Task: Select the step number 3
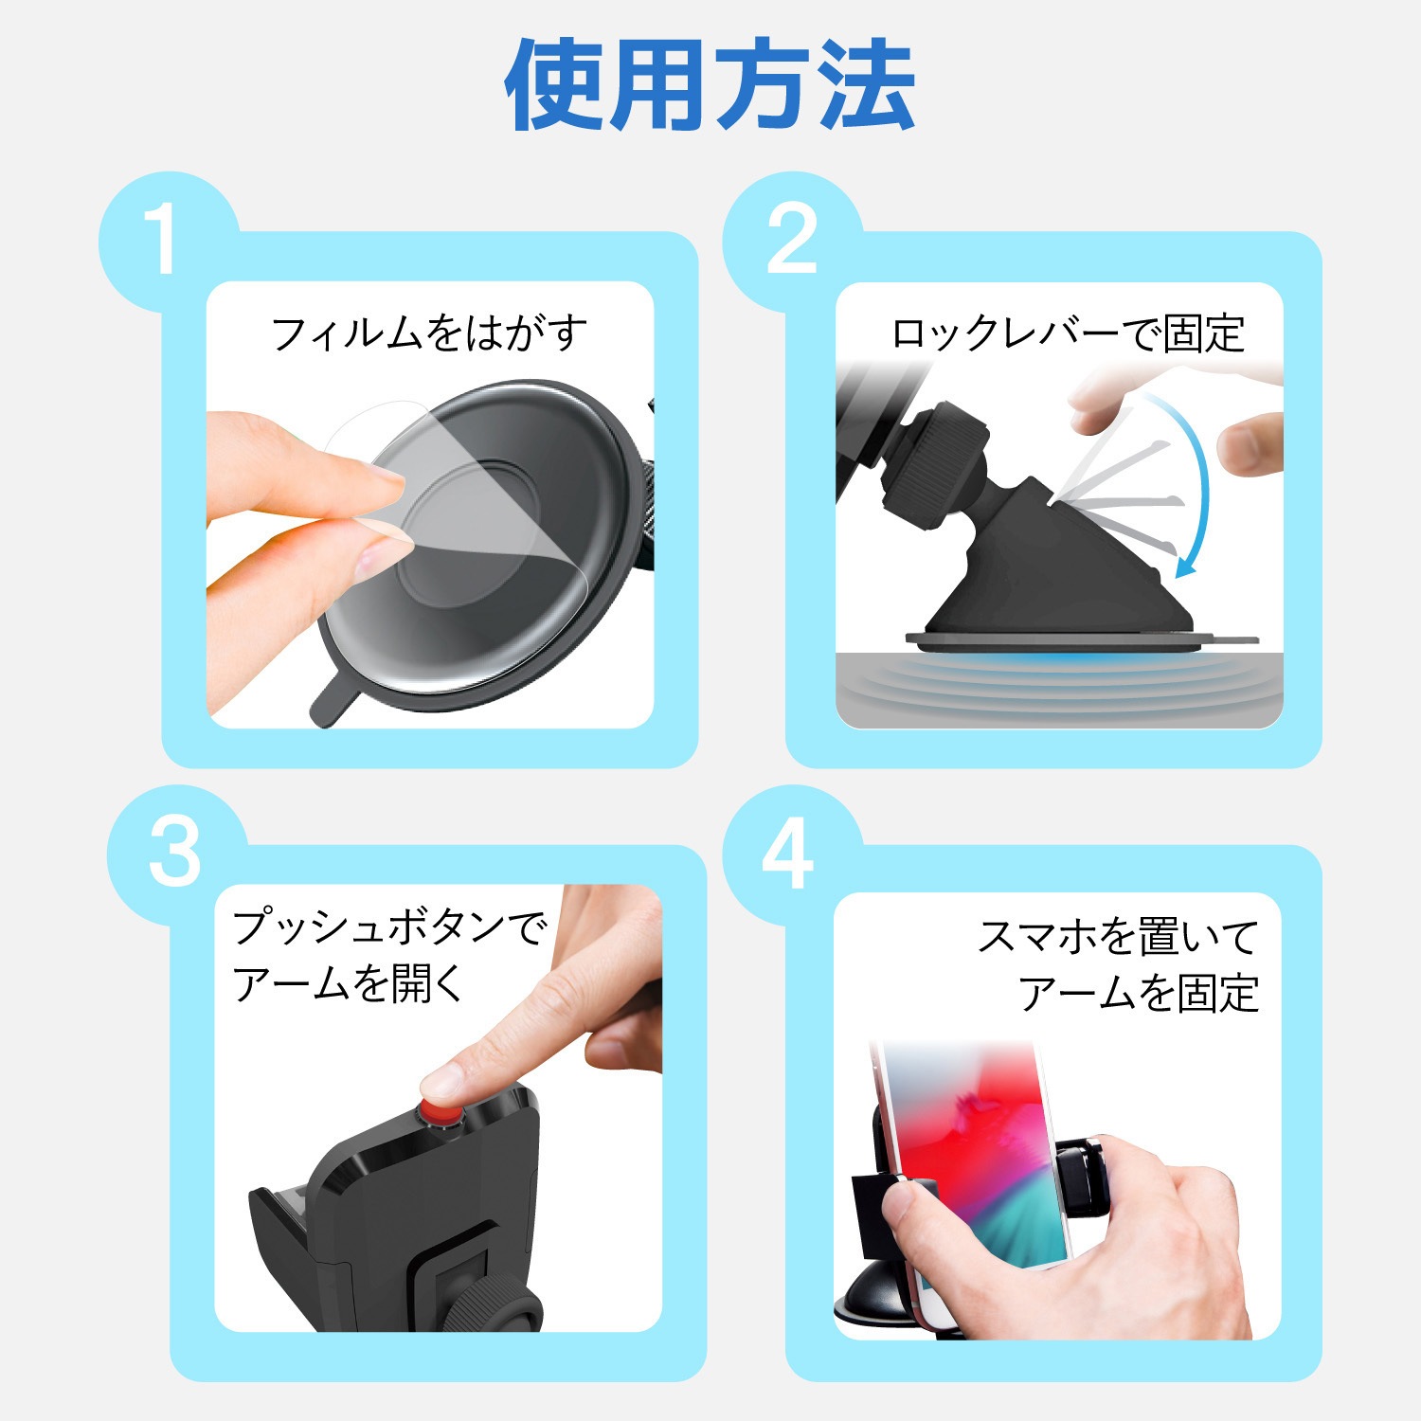tap(175, 852)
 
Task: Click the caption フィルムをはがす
tap(429, 333)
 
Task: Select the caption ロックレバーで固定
tap(1068, 333)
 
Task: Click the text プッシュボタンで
tap(389, 927)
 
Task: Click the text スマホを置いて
tap(1118, 937)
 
